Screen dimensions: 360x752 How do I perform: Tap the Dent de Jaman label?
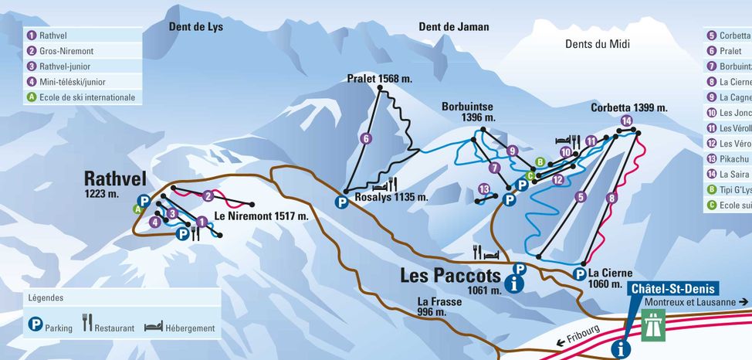[453, 26]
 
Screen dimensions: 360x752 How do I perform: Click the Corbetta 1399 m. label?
[628, 107]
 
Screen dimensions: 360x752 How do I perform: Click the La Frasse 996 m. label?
[439, 307]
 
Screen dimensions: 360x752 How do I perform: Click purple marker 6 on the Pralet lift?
[366, 139]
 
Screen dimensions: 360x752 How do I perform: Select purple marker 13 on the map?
[484, 189]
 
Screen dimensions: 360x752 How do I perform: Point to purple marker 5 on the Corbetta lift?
[581, 198]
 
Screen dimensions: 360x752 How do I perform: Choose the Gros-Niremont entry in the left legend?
[62, 51]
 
